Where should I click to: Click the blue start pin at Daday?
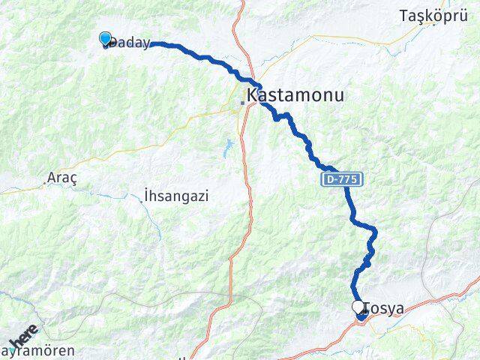pos(105,39)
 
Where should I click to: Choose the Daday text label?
pos(129,44)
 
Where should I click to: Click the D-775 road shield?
pos(343,180)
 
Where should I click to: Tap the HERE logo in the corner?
pos(22,335)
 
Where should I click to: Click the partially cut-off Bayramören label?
pos(37,351)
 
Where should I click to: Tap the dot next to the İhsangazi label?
pos(142,202)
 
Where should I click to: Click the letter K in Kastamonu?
pos(253,96)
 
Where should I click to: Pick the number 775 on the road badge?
pos(349,180)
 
